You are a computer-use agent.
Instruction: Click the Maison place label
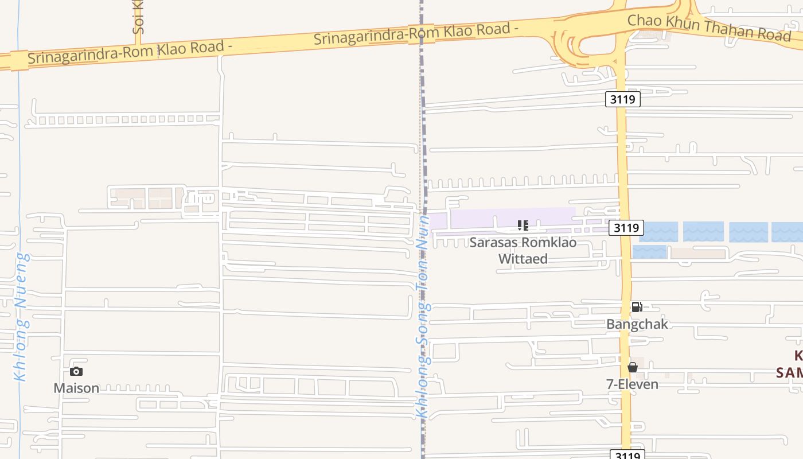coord(76,388)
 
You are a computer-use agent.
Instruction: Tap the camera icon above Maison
coord(76,372)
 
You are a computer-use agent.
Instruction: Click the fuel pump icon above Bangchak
coord(637,307)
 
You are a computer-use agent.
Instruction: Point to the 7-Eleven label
coord(633,384)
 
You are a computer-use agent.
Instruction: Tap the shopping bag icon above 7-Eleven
coord(633,367)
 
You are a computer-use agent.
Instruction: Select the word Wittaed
coord(523,259)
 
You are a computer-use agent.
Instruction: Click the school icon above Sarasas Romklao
coord(523,225)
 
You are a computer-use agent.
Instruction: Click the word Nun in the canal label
coord(423,230)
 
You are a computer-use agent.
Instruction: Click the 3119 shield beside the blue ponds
coord(626,228)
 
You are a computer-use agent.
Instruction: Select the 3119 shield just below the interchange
coord(622,99)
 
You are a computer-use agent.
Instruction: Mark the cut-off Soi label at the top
coord(138,17)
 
